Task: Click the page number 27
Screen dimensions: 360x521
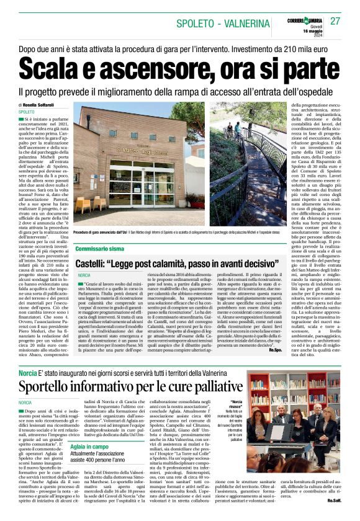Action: (x=335, y=21)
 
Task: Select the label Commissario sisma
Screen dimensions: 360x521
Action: (x=100, y=248)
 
